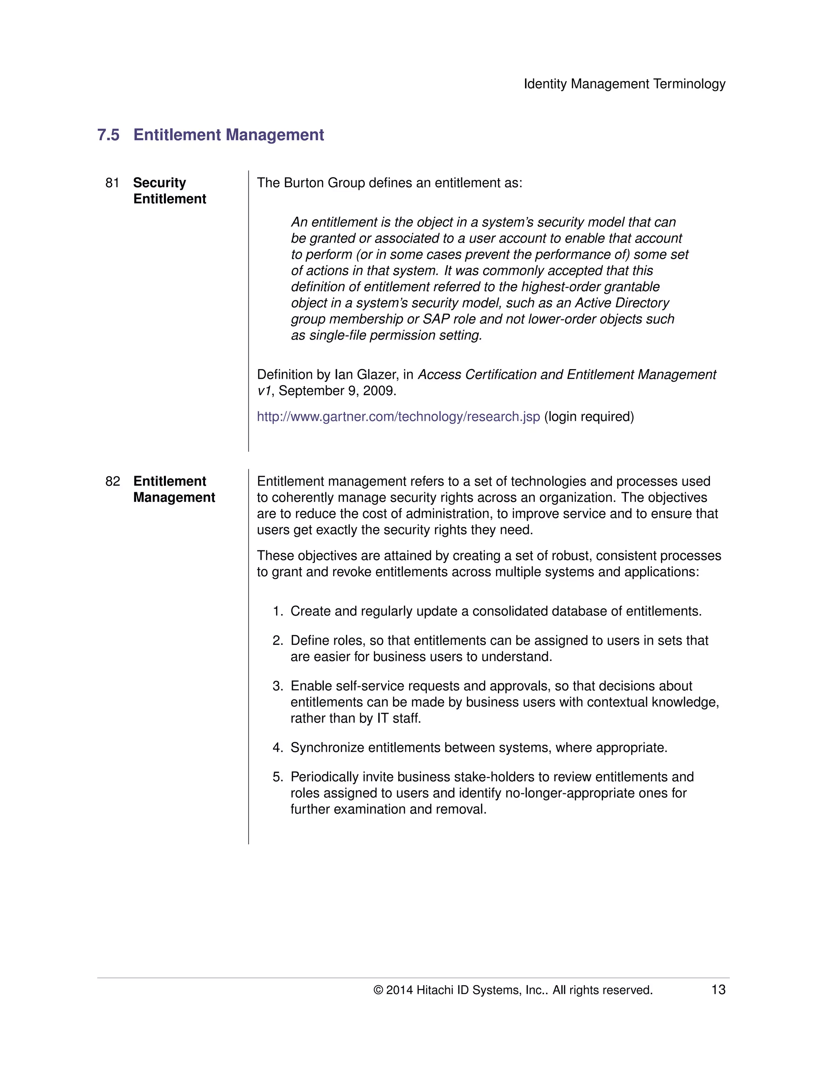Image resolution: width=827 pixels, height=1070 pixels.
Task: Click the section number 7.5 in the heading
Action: [108, 135]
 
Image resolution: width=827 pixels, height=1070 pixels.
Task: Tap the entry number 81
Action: [112, 183]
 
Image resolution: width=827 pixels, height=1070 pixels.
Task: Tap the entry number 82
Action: [112, 481]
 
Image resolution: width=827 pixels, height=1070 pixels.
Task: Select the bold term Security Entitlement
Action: [169, 191]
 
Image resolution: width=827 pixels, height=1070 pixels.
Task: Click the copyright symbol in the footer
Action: [378, 990]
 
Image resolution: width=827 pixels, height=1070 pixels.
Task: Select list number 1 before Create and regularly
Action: [277, 611]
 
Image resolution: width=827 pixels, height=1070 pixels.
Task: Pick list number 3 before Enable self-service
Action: [277, 686]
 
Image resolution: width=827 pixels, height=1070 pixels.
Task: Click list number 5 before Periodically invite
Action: [277, 777]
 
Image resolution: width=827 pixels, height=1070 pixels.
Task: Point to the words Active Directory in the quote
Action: [622, 303]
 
